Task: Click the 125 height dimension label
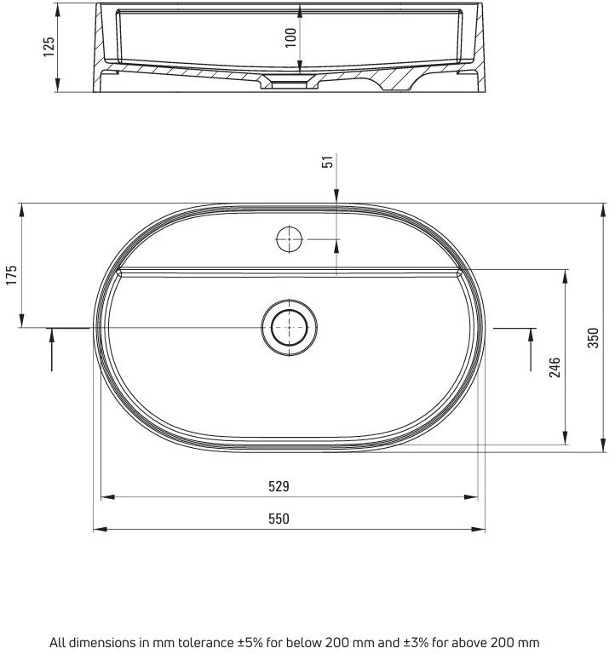click(x=49, y=47)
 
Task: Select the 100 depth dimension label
click(x=290, y=38)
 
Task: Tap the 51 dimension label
click(x=328, y=162)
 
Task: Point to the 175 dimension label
click(x=11, y=275)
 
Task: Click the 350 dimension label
click(x=593, y=338)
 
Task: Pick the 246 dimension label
click(x=555, y=368)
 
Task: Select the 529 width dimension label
click(x=279, y=486)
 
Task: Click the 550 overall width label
click(x=279, y=519)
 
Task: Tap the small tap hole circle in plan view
click(x=289, y=239)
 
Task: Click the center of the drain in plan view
click(x=289, y=327)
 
